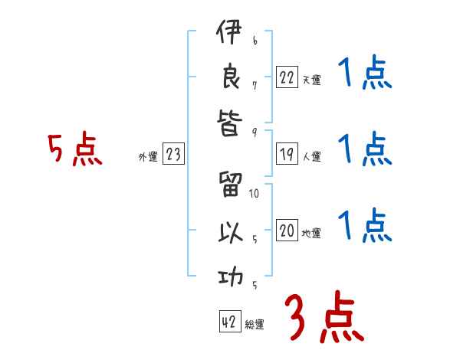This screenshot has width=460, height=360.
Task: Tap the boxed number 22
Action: [287, 77]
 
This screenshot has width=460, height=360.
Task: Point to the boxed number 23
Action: [173, 155]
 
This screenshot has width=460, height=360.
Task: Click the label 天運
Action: [311, 79]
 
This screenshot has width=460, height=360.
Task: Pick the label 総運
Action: [255, 324]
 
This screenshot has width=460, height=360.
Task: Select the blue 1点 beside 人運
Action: [365, 149]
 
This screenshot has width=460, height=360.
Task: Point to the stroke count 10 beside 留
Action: [255, 194]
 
